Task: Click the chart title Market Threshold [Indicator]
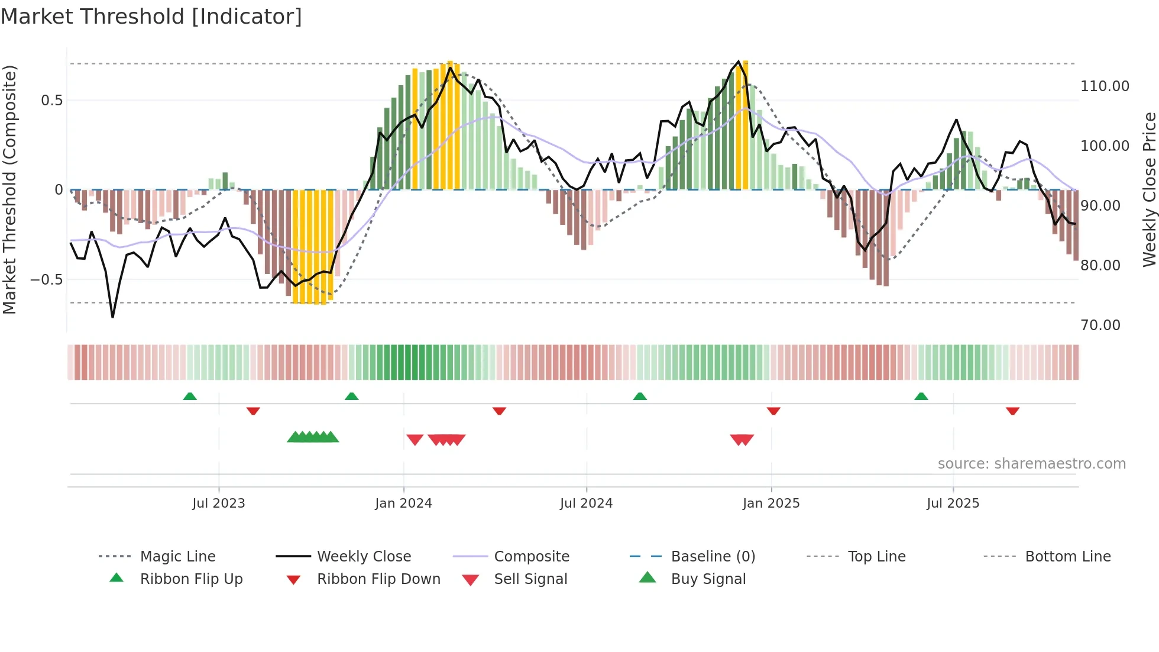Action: coord(151,17)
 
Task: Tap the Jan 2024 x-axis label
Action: coord(403,503)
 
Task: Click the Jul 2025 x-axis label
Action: coord(953,503)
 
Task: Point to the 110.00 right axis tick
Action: coord(1105,86)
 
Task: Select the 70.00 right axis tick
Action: coord(1100,325)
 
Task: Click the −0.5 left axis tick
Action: coord(47,279)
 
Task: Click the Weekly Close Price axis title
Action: coord(1149,189)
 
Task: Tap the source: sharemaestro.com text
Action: coord(1031,464)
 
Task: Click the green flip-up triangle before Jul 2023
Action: coord(190,396)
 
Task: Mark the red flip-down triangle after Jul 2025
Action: coord(1012,411)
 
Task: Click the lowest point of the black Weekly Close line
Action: coord(112,317)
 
